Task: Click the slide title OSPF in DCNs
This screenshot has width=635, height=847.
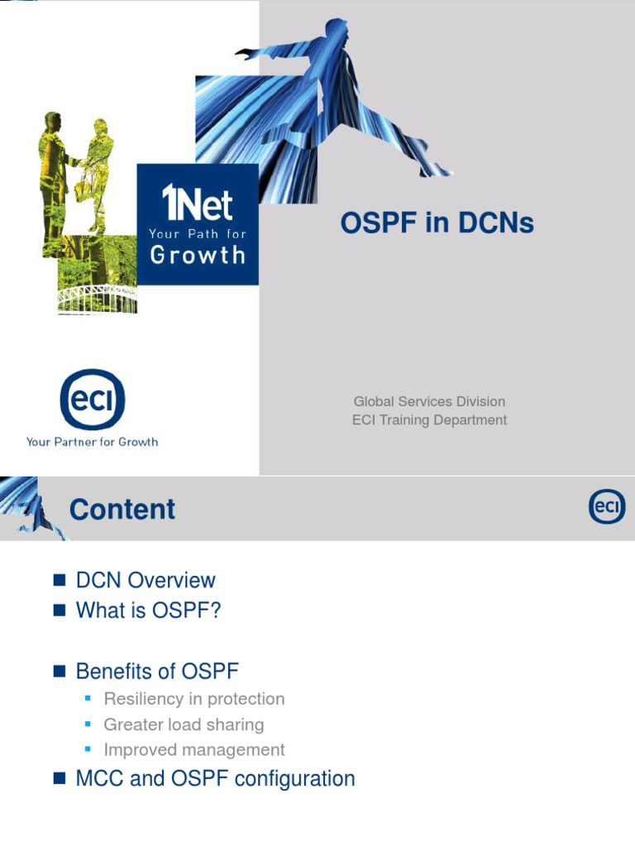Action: click(437, 223)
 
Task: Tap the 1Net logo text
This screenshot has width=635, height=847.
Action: click(197, 203)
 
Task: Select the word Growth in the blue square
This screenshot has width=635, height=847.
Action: click(198, 254)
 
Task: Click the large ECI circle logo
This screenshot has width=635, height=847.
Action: click(92, 400)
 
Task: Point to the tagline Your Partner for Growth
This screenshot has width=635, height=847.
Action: click(92, 442)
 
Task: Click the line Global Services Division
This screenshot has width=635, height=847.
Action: click(429, 401)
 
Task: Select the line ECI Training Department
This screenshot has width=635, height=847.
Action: click(429, 420)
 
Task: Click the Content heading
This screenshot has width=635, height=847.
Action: click(122, 510)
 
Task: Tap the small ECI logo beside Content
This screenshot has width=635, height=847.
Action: click(606, 506)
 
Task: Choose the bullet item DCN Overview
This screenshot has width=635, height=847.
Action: click(146, 581)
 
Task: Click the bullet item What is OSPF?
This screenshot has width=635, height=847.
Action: click(149, 610)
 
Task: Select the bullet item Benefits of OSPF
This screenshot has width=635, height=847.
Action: click(157, 671)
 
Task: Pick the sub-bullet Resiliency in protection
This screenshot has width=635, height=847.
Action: click(194, 699)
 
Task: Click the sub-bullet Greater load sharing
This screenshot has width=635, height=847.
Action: click(184, 725)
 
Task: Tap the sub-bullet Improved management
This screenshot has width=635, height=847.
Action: click(194, 750)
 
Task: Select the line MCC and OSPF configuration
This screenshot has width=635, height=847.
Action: click(215, 778)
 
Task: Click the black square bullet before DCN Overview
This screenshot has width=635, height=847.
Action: click(59, 581)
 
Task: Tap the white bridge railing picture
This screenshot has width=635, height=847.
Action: click(98, 298)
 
